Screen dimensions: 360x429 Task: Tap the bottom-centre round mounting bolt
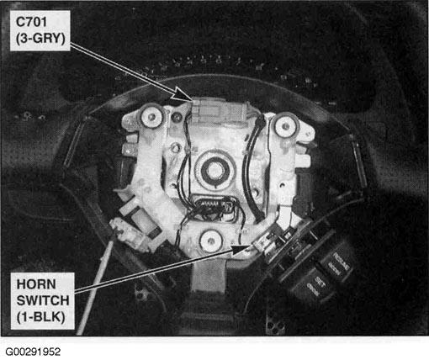click(211, 241)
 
